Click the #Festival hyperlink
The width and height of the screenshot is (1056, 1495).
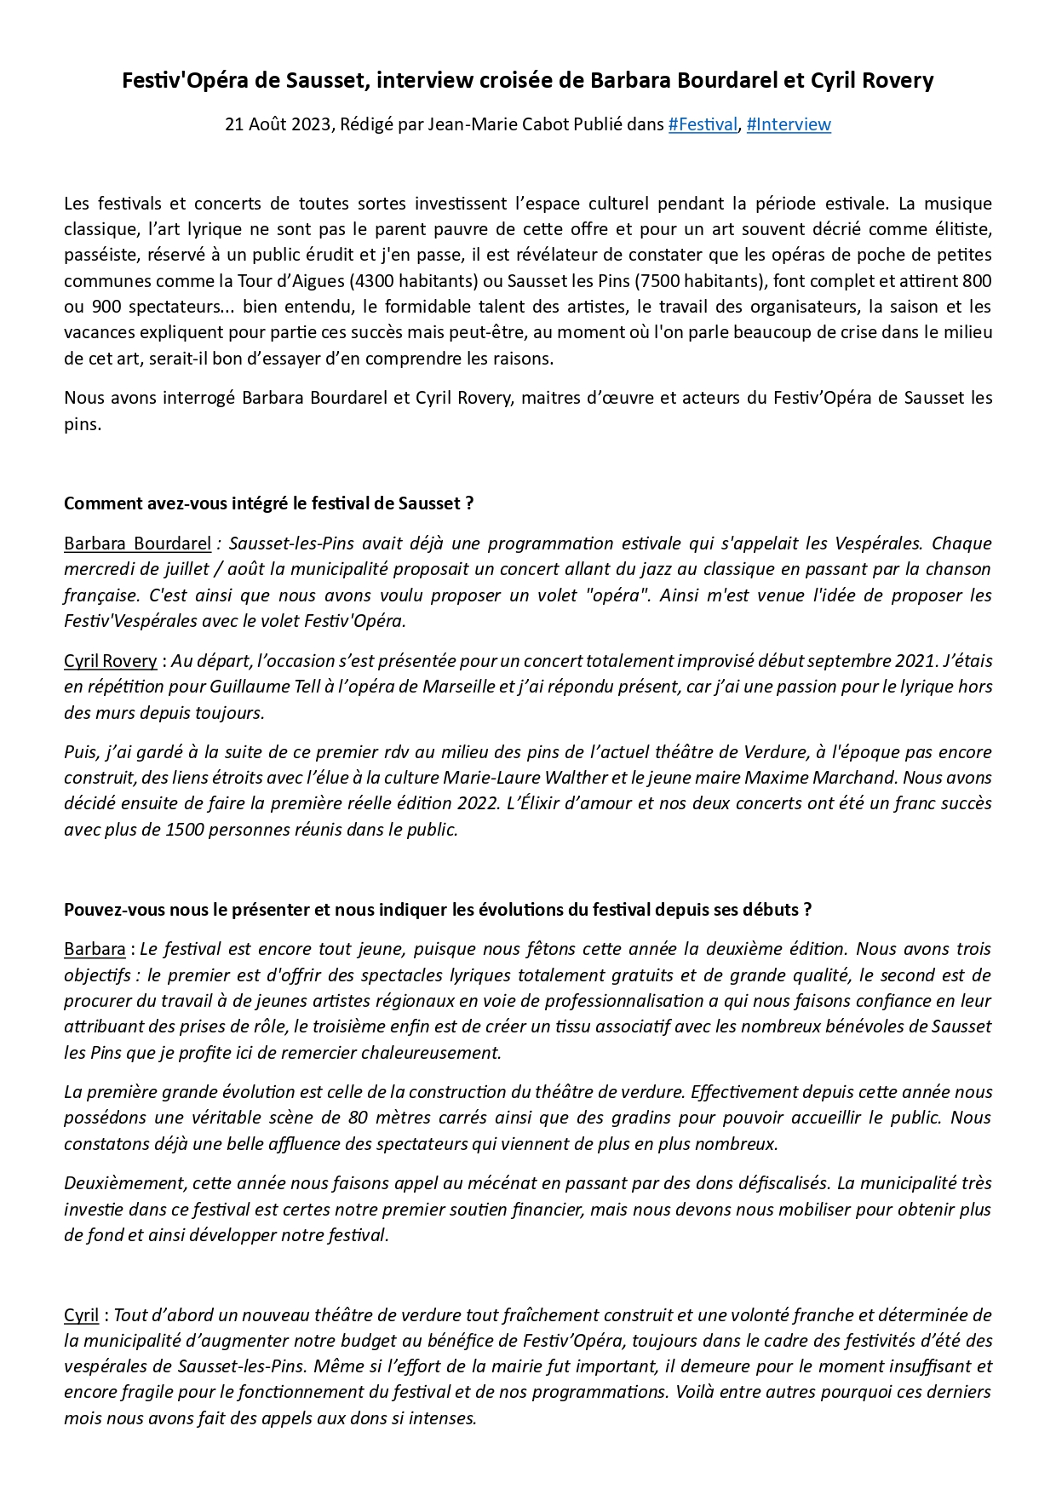[x=702, y=124]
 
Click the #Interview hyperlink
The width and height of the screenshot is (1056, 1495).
[x=788, y=124]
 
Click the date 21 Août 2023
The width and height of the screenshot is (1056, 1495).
[x=278, y=124]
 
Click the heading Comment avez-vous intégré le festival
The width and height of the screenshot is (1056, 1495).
[x=268, y=503]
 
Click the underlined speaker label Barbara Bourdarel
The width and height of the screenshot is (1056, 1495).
[x=137, y=543]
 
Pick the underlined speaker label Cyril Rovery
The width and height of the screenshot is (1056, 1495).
[x=110, y=661]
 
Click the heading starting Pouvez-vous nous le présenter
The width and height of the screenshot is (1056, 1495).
[x=437, y=910]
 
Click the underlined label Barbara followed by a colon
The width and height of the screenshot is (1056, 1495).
[x=94, y=949]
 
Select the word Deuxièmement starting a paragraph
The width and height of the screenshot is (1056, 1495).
[x=124, y=1183]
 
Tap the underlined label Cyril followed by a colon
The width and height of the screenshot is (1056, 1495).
[x=81, y=1315]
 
